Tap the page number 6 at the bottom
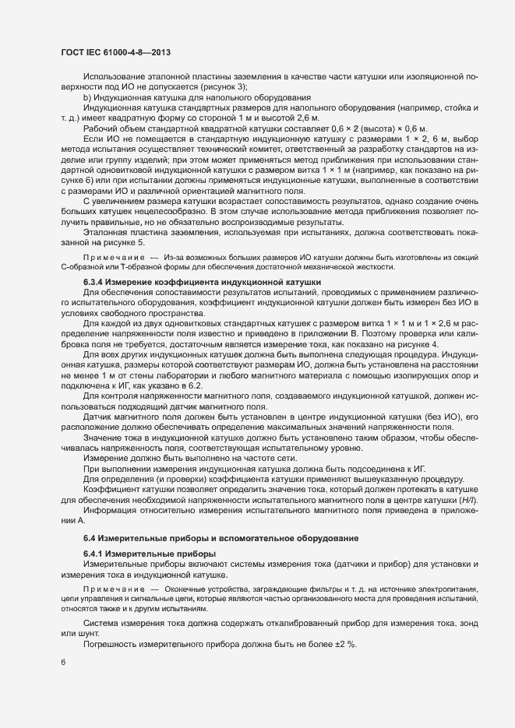tap(62, 663)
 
